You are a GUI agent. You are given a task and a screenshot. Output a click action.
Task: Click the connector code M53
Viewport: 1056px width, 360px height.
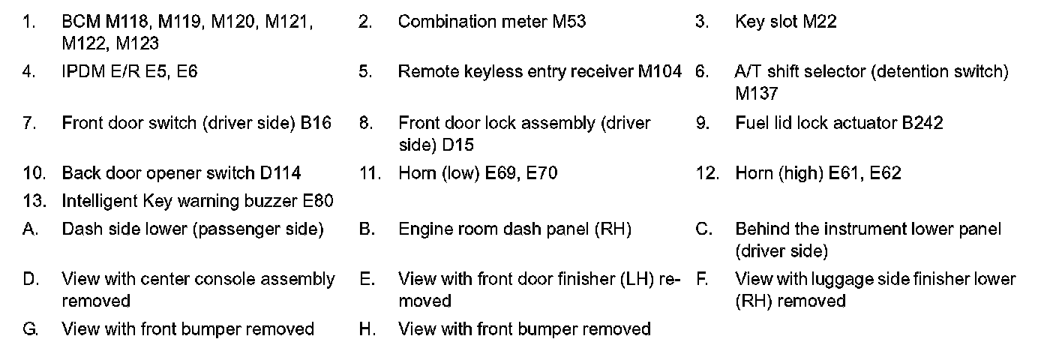pyautogui.click(x=569, y=22)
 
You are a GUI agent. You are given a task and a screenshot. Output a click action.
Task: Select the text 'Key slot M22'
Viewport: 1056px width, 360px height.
pyautogui.click(x=785, y=22)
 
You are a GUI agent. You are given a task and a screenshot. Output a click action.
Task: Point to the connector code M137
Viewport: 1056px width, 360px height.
pyautogui.click(x=757, y=94)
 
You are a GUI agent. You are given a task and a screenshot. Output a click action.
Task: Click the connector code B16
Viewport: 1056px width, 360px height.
pyautogui.click(x=316, y=123)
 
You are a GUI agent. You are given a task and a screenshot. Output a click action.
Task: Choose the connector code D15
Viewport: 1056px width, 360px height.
pyautogui.click(x=457, y=145)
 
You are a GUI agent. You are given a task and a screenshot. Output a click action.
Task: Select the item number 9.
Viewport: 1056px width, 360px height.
pyautogui.click(x=702, y=123)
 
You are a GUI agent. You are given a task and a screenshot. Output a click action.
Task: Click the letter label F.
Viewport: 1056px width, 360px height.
pyautogui.click(x=701, y=280)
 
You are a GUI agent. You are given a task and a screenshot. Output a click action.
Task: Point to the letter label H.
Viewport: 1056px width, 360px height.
pyautogui.click(x=367, y=329)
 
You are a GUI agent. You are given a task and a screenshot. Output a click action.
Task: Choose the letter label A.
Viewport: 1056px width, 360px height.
pyautogui.click(x=30, y=229)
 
